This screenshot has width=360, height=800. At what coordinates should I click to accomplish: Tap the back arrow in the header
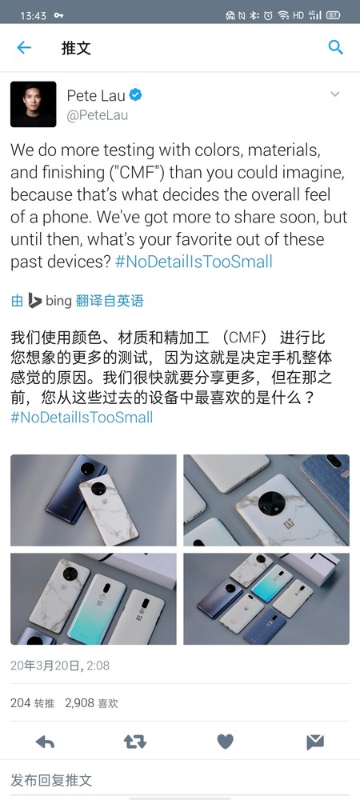24,47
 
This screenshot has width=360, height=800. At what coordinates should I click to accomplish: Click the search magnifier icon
335,47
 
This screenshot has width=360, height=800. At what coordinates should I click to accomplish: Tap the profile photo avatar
33,104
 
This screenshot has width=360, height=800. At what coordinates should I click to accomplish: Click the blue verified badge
135,95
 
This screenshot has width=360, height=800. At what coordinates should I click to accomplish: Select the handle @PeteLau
98,116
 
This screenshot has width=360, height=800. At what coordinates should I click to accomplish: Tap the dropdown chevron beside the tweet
335,94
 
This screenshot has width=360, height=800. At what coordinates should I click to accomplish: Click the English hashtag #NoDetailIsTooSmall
194,262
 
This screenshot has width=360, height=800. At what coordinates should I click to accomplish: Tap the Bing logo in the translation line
34,301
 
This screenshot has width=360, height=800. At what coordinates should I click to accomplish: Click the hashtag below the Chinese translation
82,418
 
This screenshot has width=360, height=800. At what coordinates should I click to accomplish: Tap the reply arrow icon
45,742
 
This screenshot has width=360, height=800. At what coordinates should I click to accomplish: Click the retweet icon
135,742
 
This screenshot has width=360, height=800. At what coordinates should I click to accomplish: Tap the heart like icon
225,742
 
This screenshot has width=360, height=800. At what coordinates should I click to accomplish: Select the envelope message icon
315,742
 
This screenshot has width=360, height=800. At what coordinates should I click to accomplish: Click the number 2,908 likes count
79,703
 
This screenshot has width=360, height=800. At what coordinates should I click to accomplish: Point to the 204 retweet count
20,703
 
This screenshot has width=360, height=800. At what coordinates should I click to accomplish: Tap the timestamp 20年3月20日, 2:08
60,666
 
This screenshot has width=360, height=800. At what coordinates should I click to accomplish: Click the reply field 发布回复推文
51,780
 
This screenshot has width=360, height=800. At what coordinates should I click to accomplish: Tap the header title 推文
76,48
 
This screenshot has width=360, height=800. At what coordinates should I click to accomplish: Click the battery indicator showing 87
333,15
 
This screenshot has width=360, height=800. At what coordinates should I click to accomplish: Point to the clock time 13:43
33,16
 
